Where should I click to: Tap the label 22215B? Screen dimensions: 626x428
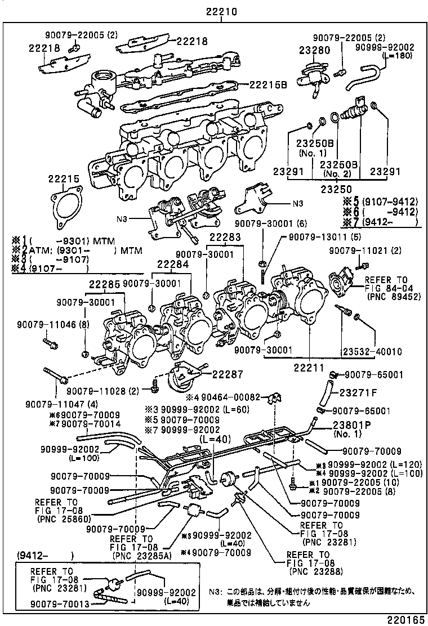point(268,85)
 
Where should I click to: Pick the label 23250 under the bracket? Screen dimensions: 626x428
point(337,190)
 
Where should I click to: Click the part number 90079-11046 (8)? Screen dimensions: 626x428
point(46,325)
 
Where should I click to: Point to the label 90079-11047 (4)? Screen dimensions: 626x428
point(53,404)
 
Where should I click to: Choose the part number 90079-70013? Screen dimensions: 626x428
point(44,605)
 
